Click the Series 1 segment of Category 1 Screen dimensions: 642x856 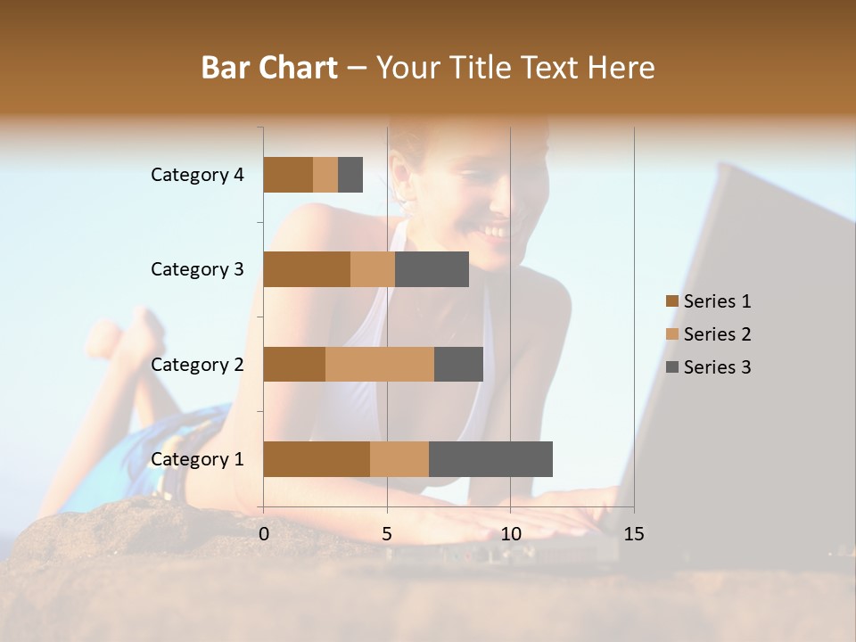[317, 459]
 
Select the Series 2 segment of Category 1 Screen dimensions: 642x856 [399, 459]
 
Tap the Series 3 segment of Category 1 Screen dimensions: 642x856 [490, 459]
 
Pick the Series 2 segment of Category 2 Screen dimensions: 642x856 [380, 364]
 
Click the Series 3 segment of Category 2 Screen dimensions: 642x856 [458, 364]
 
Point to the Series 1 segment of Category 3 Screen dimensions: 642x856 [307, 269]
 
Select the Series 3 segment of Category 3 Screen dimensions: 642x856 [432, 269]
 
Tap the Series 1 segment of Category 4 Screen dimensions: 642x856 [288, 175]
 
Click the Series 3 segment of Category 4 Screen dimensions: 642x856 [350, 175]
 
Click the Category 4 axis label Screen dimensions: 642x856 [197, 175]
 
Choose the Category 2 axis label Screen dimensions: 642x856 [197, 365]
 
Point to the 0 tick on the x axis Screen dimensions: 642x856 [264, 534]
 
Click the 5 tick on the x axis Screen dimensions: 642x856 [387, 534]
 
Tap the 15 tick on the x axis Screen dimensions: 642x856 [634, 534]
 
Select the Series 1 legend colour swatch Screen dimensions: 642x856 [671, 301]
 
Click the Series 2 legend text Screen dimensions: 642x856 [717, 334]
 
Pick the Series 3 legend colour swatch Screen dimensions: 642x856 [671, 367]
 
